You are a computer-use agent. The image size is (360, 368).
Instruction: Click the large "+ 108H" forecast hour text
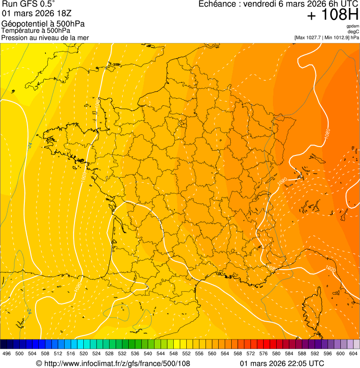332,15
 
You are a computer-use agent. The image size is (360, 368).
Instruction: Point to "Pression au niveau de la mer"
45,37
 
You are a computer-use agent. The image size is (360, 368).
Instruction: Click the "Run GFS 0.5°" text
28,4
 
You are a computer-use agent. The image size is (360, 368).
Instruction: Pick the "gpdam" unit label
353,26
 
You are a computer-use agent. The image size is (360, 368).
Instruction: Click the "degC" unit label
354,31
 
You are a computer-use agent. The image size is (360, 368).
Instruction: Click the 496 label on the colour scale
7,353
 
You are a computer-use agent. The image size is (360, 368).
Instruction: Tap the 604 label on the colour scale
353,353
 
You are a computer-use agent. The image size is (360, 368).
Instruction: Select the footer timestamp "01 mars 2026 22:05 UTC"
282,363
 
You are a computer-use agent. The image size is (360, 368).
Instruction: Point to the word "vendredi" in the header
259,4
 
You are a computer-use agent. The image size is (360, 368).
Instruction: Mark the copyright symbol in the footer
39,363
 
